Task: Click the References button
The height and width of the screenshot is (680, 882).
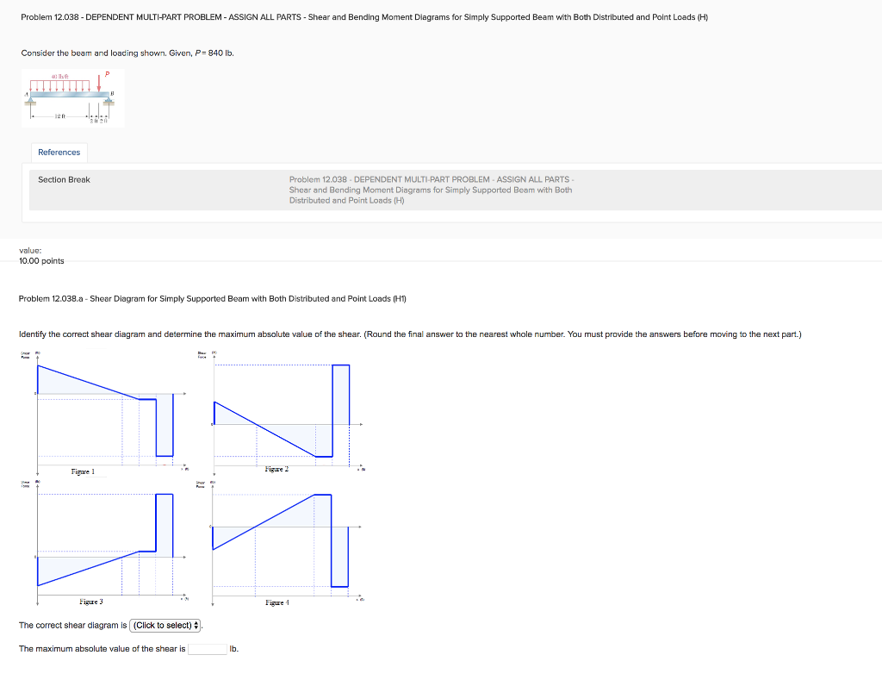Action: point(59,153)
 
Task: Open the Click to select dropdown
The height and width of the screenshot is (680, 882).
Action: point(166,626)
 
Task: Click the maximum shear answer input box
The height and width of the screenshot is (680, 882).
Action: point(208,649)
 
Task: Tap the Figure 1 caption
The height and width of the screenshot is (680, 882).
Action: point(83,471)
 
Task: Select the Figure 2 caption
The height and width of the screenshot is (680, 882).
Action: point(276,469)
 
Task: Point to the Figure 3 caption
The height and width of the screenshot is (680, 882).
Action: point(90,602)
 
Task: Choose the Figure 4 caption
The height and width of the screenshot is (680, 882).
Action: point(276,603)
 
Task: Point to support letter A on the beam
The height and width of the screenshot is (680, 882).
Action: point(28,92)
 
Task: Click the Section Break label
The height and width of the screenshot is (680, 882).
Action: point(64,179)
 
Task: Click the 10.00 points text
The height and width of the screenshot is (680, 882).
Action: point(41,261)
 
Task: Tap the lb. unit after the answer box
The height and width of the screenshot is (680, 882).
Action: point(234,649)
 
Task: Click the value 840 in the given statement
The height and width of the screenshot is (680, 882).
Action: point(214,53)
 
